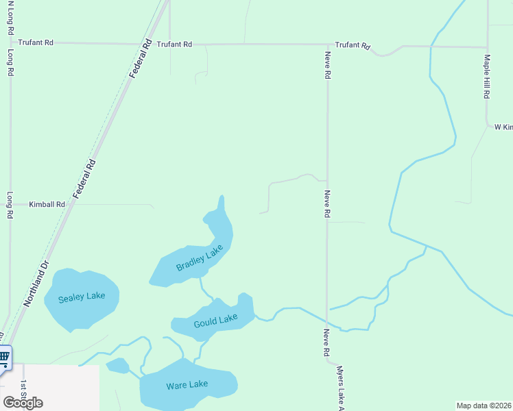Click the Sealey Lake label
[82, 296]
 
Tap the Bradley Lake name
[200, 258]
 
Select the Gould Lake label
[215, 319]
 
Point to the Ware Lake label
[187, 386]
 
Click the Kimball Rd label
[47, 204]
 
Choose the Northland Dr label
[37, 283]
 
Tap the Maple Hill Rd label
[486, 77]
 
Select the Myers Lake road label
[339, 388]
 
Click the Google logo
[23, 402]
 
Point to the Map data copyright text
[484, 406]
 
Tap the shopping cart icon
[4, 356]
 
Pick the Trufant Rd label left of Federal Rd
[36, 42]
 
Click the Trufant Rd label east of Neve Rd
[353, 45]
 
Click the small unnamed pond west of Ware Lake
[117, 366]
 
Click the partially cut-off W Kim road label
[503, 127]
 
